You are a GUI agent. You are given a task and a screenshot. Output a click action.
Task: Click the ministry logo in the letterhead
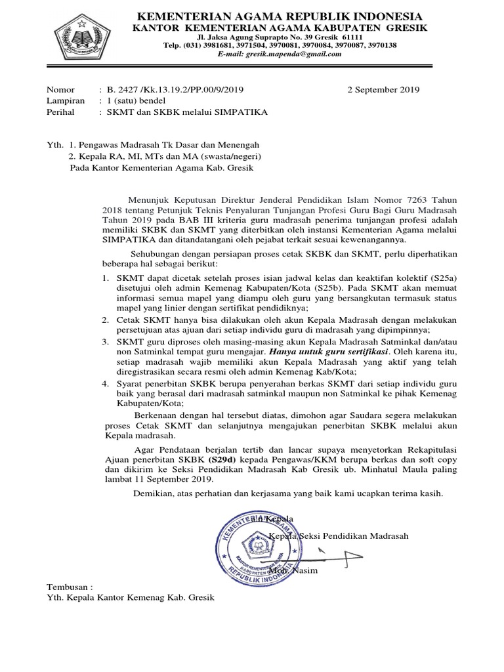coord(81,37)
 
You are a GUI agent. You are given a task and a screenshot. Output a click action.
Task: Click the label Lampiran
coord(66,101)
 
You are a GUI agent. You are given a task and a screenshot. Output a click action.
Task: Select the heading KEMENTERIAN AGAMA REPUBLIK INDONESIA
coord(279,16)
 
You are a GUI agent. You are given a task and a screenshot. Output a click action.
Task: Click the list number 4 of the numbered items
coord(108,383)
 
